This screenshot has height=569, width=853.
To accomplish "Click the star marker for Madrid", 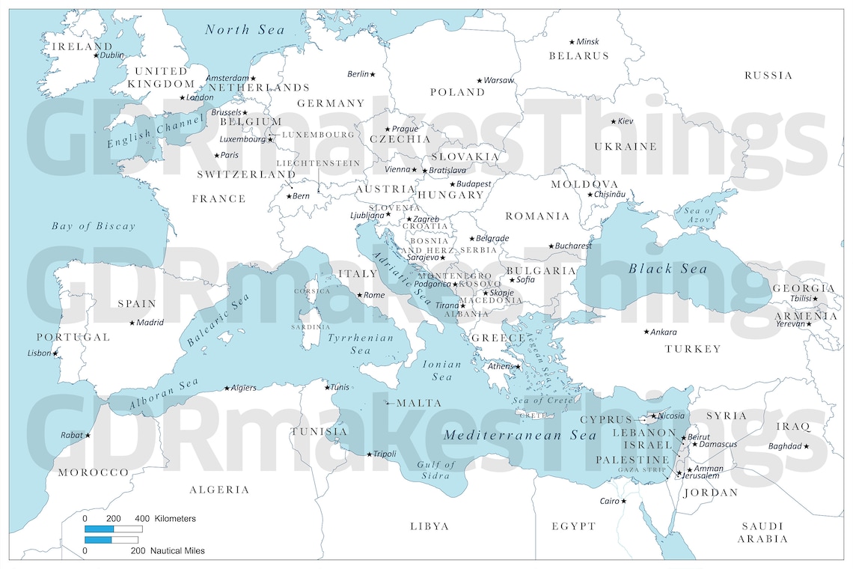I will tap(132, 323).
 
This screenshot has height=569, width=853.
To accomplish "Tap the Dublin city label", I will tap(112, 55).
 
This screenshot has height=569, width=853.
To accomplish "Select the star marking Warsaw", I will tap(480, 80).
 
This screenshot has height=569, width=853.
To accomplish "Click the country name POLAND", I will tap(457, 92).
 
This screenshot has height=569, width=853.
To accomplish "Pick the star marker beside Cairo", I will tap(624, 501).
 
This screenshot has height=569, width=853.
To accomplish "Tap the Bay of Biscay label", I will tap(94, 226).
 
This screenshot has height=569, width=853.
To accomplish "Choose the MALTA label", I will tap(419, 403).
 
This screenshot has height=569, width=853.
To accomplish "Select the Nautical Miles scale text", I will tap(177, 550).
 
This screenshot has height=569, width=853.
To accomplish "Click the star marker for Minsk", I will tap(572, 42).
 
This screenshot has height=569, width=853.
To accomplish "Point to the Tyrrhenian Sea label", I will tap(361, 344).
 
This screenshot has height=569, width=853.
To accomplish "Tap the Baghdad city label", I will tap(784, 446).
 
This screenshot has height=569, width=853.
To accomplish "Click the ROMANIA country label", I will tap(537, 216).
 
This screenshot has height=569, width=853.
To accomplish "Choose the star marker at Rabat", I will tap(88, 435).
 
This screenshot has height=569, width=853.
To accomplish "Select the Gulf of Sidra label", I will tap(436, 470).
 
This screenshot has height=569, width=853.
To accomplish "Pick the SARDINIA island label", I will tap(311, 326).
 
